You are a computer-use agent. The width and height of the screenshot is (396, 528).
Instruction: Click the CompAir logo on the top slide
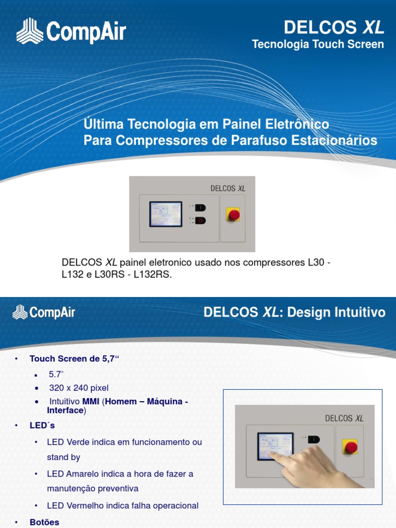pos(71,31)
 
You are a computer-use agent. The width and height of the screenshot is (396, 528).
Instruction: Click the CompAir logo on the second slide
pos(44,312)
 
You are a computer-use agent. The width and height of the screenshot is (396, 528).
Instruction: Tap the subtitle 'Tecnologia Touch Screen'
pos(318,44)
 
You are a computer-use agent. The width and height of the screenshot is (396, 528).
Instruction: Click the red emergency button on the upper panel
pos(233,214)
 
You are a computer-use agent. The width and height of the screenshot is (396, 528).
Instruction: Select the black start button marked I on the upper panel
pos(200,208)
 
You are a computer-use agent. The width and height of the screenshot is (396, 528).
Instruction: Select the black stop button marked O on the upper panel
pos(200,221)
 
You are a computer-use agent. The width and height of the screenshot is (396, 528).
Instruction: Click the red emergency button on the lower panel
pos(351,447)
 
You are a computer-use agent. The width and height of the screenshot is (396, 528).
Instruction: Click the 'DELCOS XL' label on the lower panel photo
pos(344,418)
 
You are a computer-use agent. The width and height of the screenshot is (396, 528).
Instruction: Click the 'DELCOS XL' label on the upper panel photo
pos(228,188)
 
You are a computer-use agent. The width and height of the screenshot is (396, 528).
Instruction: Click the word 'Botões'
pos(44,522)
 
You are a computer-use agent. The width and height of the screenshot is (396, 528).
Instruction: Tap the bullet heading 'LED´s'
pos(42,425)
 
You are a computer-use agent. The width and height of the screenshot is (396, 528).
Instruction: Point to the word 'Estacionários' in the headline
pos(329,140)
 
